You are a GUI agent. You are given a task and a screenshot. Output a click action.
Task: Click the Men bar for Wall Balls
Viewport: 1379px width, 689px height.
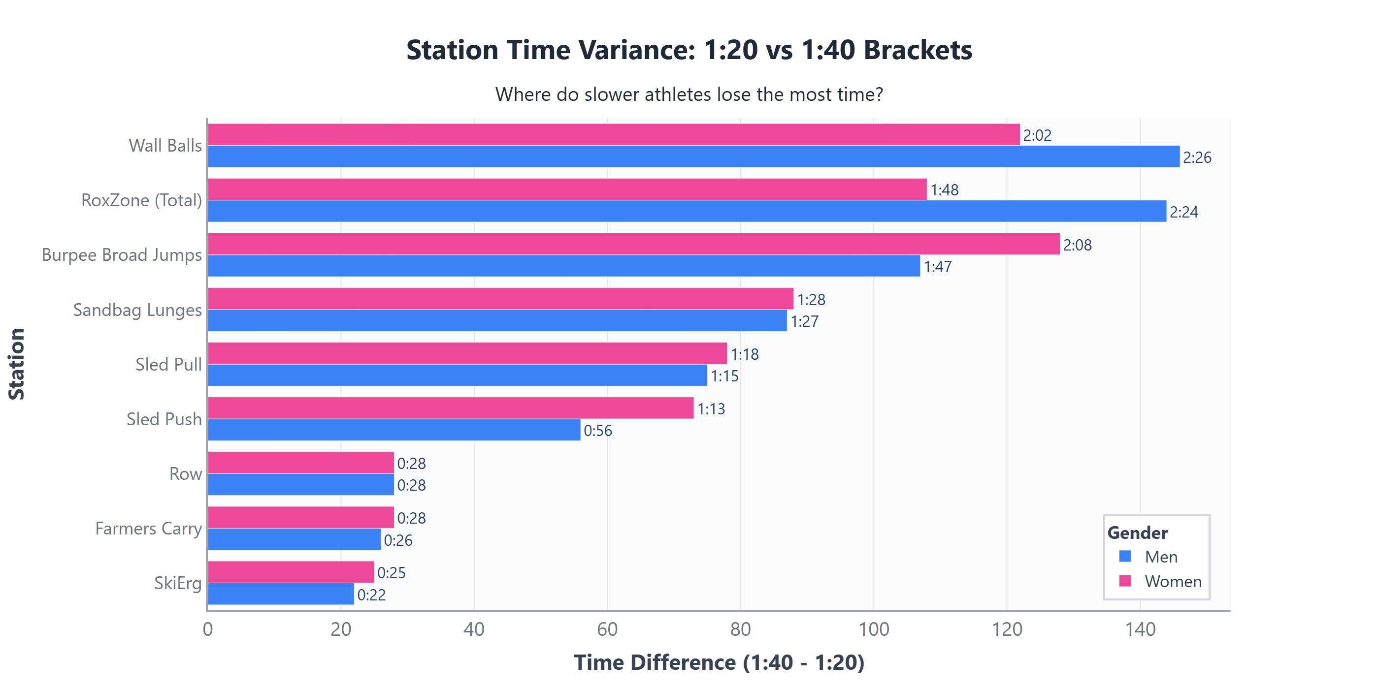(x=693, y=157)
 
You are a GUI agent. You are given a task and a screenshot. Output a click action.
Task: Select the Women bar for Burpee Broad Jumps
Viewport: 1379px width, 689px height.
(x=633, y=244)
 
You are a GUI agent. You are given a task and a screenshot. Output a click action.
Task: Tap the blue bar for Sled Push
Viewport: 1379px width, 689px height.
(x=394, y=430)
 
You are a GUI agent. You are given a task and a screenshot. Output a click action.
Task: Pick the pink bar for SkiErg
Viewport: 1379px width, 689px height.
(x=291, y=572)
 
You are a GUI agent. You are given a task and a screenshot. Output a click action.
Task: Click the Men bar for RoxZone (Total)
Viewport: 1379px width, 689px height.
(x=687, y=211)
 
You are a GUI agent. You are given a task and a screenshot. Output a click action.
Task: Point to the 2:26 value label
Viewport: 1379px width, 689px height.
(x=1197, y=158)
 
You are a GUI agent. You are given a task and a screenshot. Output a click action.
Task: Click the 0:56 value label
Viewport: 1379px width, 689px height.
(x=597, y=431)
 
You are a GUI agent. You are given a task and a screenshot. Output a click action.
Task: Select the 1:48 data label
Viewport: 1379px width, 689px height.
(x=944, y=190)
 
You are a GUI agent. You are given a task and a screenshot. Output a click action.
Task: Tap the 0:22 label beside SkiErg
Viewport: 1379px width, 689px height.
(x=371, y=595)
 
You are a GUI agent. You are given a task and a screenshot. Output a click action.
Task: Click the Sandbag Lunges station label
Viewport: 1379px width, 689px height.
(x=137, y=310)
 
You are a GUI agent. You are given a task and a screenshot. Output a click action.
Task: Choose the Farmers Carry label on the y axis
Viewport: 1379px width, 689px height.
(x=148, y=529)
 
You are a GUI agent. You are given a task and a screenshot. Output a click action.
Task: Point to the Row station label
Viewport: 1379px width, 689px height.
(x=185, y=474)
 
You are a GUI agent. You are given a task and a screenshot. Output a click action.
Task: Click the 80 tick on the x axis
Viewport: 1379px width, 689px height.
(x=740, y=629)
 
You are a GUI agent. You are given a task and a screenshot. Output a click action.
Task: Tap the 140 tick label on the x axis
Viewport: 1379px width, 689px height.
(x=1140, y=629)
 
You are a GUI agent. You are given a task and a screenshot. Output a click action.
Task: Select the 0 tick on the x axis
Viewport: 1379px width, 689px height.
(x=208, y=629)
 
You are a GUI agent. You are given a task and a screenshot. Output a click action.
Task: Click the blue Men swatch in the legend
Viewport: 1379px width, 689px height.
(x=1125, y=556)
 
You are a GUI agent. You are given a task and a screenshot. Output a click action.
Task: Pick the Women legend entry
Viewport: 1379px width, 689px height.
(x=1172, y=582)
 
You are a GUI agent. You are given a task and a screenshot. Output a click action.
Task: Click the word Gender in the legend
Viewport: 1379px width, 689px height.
(x=1137, y=533)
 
